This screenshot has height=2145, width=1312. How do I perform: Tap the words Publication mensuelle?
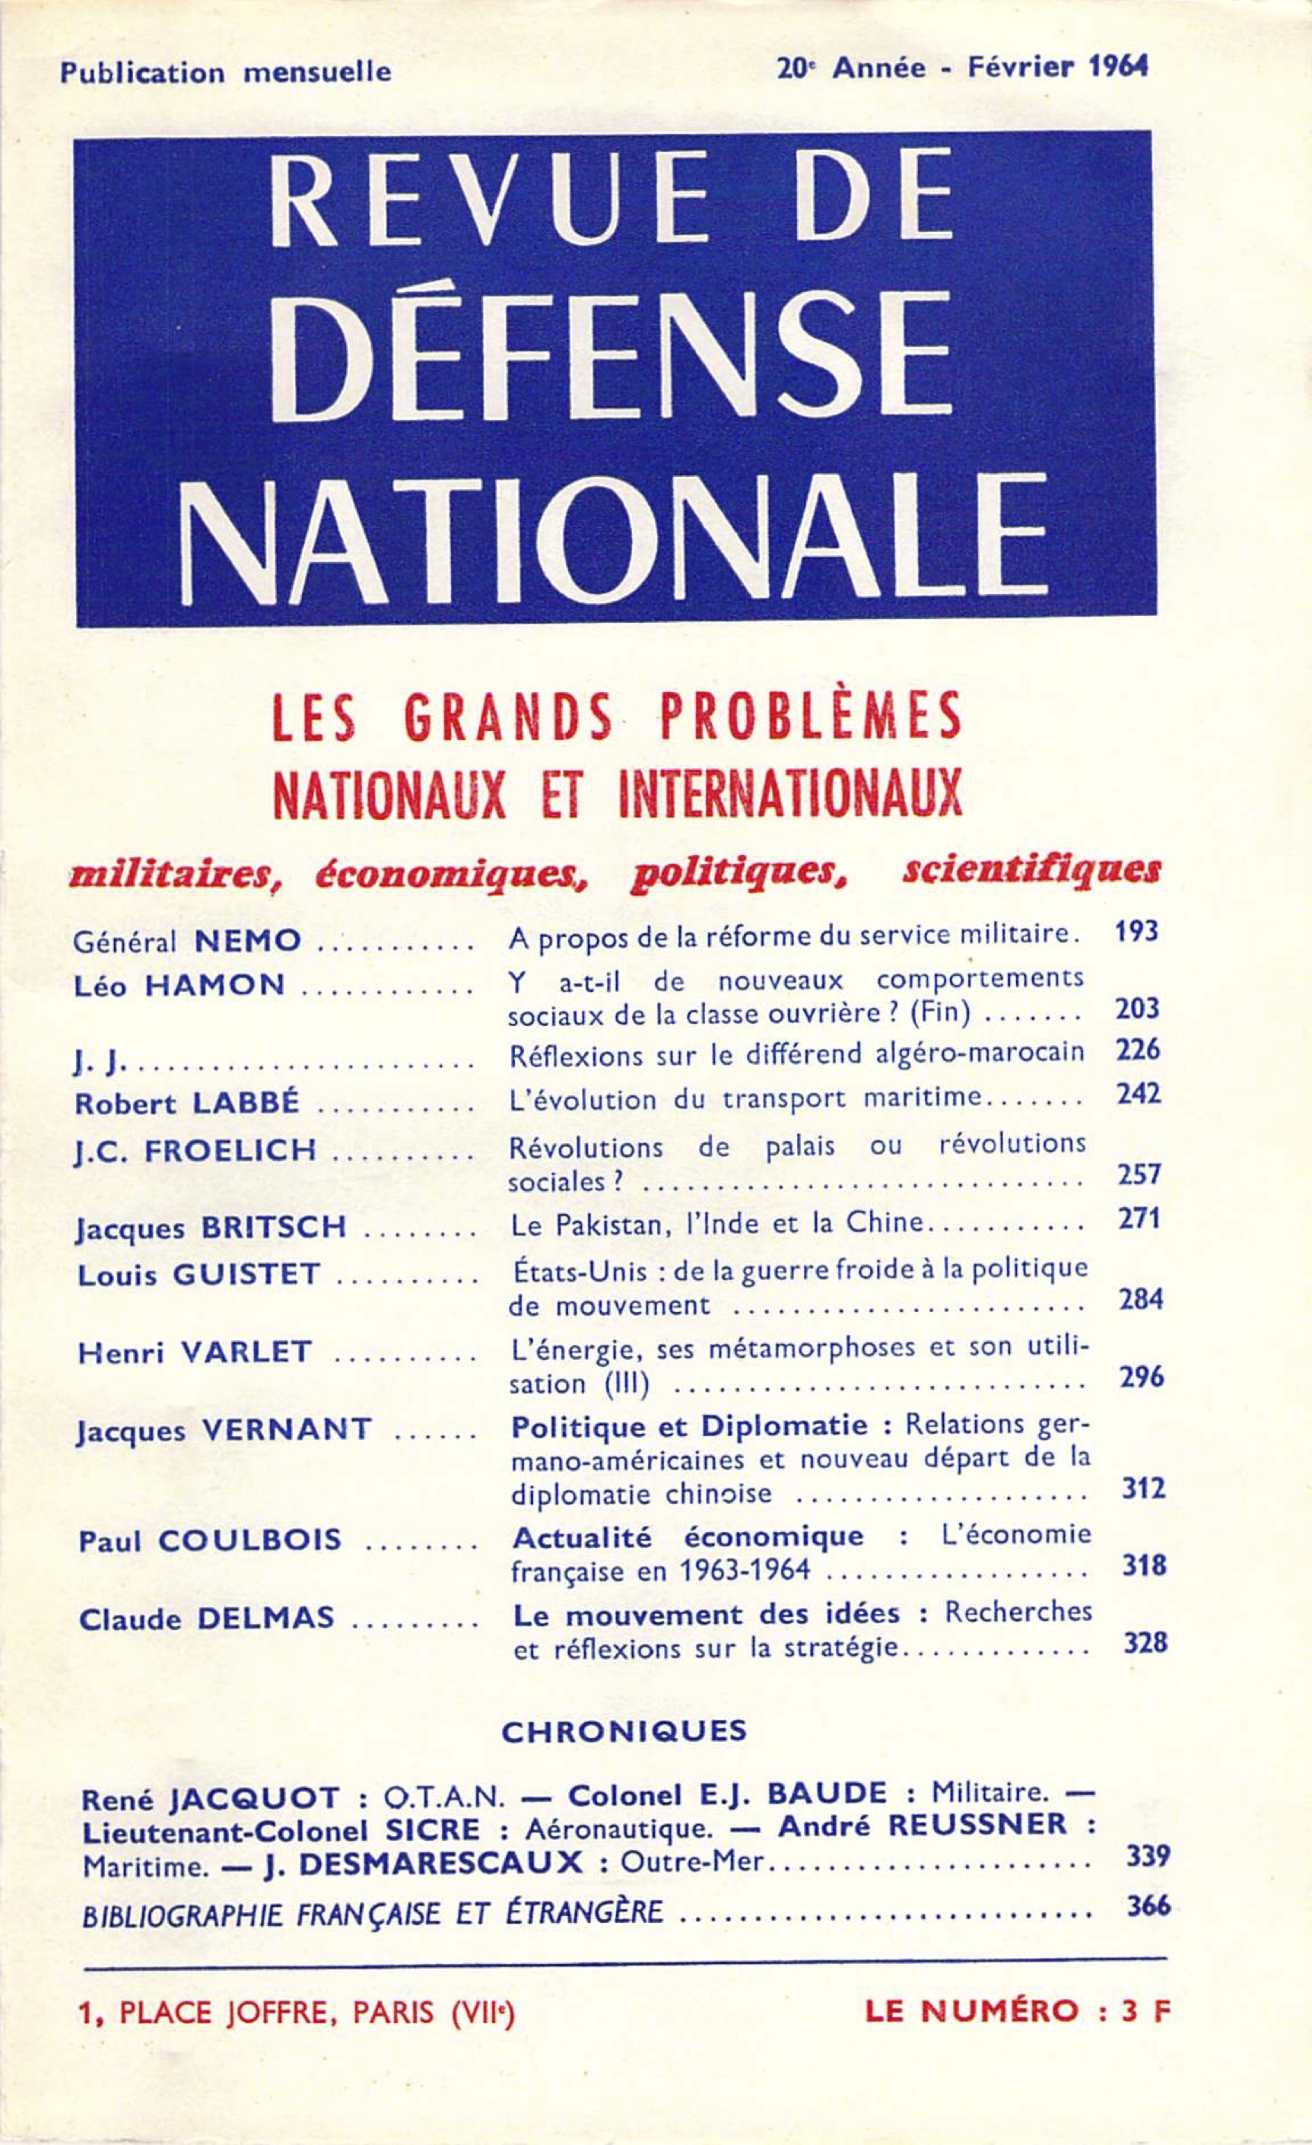click(225, 72)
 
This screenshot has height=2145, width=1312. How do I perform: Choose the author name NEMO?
click(248, 940)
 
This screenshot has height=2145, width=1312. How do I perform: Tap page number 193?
click(1136, 933)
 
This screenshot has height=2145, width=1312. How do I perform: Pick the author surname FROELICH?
click(230, 1150)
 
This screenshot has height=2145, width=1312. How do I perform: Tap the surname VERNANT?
click(287, 1429)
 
